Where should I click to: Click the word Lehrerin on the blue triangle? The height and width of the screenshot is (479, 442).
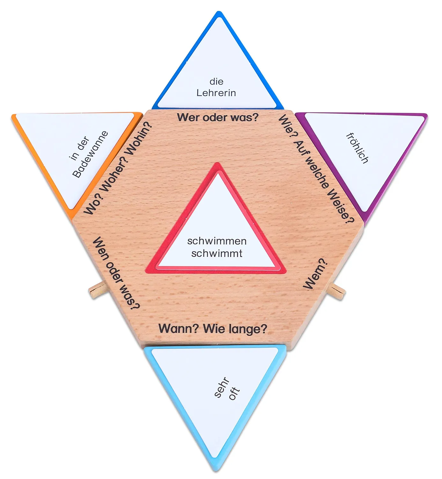click(x=216, y=93)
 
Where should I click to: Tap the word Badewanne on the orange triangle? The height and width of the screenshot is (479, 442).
click(x=90, y=155)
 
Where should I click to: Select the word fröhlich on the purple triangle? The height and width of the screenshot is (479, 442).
click(x=357, y=148)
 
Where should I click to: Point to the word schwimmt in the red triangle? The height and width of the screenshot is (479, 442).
click(x=217, y=254)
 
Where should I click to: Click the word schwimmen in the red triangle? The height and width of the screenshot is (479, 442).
click(x=217, y=241)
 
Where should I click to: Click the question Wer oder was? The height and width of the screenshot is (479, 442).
click(x=217, y=118)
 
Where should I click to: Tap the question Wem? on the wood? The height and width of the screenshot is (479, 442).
click(x=315, y=274)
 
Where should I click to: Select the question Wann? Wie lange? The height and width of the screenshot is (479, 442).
click(x=213, y=329)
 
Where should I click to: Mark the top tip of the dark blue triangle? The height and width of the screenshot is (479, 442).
click(x=218, y=11)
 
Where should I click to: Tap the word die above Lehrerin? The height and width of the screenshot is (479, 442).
click(x=216, y=81)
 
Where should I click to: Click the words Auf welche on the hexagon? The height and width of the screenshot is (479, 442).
click(x=311, y=164)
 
